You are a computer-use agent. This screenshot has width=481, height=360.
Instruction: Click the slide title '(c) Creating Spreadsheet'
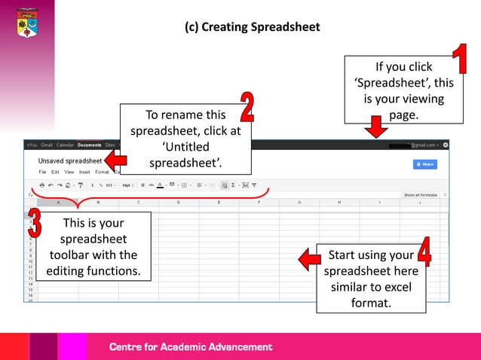(252, 27)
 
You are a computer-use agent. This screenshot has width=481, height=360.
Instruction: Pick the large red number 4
(424, 252)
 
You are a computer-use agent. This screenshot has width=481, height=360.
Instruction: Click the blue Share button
(425, 163)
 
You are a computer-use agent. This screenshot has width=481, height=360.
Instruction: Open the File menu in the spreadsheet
(42, 172)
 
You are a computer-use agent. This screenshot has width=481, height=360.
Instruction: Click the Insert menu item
(84, 172)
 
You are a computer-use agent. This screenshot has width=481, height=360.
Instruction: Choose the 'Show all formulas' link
(421, 195)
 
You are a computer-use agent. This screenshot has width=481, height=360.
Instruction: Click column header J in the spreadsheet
(420, 203)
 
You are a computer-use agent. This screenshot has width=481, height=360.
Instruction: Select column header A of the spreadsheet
(58, 203)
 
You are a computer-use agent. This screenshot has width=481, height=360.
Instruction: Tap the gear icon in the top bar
(446, 145)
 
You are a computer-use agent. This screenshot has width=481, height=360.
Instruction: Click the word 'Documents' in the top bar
(89, 145)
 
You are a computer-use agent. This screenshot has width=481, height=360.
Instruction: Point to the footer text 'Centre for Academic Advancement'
(191, 347)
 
